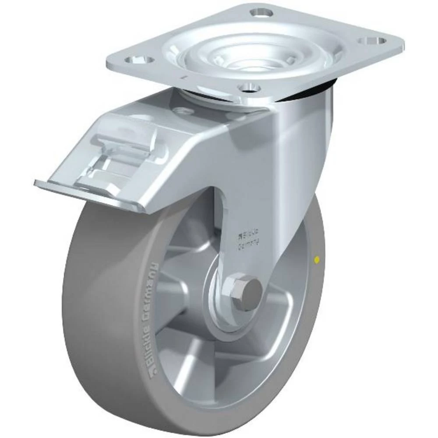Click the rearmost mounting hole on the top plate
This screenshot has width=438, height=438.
pos(261,12)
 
